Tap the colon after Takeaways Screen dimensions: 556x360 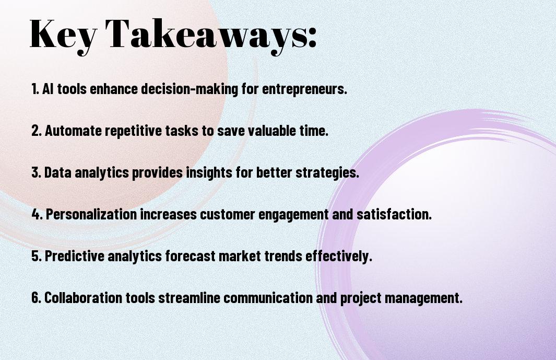tap(312, 37)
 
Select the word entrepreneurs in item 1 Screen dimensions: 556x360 tap(304, 89)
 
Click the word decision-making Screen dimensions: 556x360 tap(190, 89)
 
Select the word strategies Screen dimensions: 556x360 tap(327, 173)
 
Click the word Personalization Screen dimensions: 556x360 tap(91, 214)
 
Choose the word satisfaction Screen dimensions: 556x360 tap(394, 214)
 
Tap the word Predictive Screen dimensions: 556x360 tap(75, 256)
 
